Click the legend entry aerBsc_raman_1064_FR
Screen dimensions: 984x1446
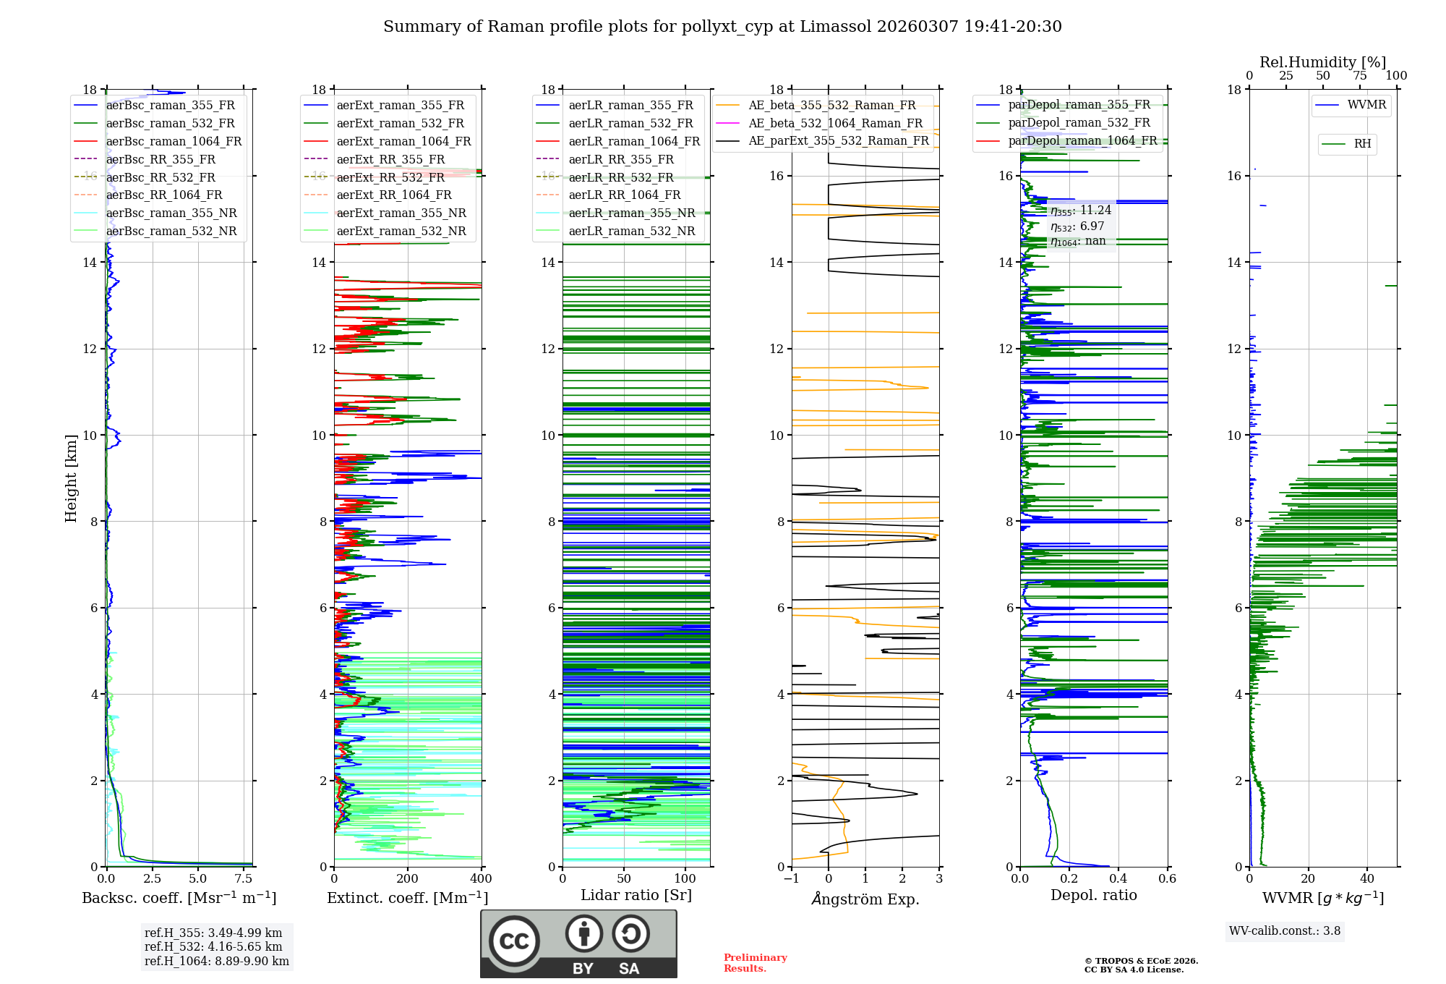pos(174,142)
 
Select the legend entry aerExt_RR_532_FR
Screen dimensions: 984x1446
pos(390,177)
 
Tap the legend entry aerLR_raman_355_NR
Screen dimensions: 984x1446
pos(631,213)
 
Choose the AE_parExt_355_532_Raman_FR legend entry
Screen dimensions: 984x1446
pos(838,141)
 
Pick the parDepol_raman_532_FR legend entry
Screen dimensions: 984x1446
pos(1079,123)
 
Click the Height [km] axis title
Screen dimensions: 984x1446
pos(71,478)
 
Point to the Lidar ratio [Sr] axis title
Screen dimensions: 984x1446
pos(636,895)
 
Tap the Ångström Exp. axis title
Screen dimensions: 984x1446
pos(865,899)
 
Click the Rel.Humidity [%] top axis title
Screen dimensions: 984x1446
pos(1322,62)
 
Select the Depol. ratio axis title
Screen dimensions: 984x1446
pos(1093,895)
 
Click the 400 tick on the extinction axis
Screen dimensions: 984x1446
pos(481,879)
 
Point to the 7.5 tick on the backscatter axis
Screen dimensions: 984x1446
pos(244,879)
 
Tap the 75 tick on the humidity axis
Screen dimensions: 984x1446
pos(1360,76)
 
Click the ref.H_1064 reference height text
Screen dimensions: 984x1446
pos(216,962)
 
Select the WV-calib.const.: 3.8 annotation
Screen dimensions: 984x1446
pos(1285,931)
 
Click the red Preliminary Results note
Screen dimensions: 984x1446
pos(755,963)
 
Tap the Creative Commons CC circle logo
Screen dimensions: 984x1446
pos(514,941)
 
